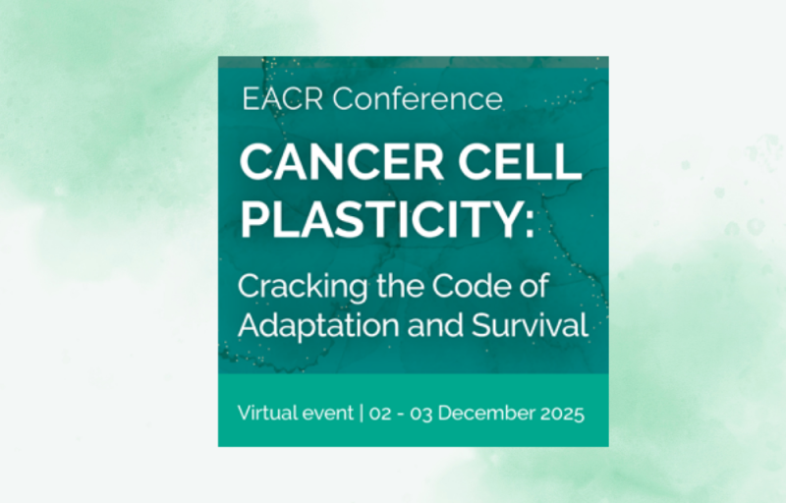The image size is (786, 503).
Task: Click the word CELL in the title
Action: click(520, 161)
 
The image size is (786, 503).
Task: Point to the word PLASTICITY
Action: click(380, 219)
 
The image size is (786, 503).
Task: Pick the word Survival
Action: click(530, 325)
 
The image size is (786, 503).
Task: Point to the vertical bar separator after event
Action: click(362, 414)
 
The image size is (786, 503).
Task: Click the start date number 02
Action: click(380, 414)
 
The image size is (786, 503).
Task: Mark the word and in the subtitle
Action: click(435, 325)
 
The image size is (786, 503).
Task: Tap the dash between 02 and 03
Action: click(401, 415)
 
